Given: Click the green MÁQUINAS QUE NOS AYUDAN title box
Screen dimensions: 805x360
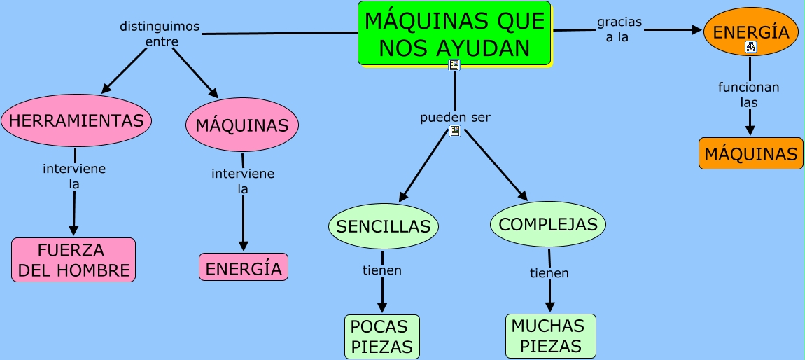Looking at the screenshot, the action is click(454, 33).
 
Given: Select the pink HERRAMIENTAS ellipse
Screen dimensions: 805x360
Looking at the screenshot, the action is click(76, 120).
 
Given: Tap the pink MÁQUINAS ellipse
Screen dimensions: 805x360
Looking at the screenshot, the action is click(242, 125).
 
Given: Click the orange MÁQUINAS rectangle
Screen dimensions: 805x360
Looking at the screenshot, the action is click(750, 153).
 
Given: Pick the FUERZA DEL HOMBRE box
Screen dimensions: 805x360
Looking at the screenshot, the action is click(73, 260).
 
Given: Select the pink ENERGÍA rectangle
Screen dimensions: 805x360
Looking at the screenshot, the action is click(244, 268).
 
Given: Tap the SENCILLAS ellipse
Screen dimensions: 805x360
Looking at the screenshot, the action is click(383, 226).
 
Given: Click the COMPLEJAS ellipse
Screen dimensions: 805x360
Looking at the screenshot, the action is click(548, 224).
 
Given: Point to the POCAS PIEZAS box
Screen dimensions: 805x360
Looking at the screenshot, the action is click(381, 336).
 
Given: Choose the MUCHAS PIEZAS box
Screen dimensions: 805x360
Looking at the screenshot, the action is click(550, 335).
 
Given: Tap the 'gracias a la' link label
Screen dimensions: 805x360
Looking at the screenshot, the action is click(619, 30).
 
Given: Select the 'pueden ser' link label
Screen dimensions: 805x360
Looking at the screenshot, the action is click(455, 117).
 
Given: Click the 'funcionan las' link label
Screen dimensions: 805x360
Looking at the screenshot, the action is click(748, 95).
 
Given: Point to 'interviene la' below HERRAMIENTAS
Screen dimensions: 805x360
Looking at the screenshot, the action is click(74, 176).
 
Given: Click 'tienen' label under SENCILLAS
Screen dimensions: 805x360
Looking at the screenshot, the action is click(382, 270).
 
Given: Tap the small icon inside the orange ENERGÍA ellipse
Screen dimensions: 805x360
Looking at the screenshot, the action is click(751, 48).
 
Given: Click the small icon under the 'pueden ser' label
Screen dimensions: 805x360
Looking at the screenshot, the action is click(455, 131).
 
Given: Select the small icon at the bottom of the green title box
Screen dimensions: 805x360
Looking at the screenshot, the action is click(454, 65).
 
